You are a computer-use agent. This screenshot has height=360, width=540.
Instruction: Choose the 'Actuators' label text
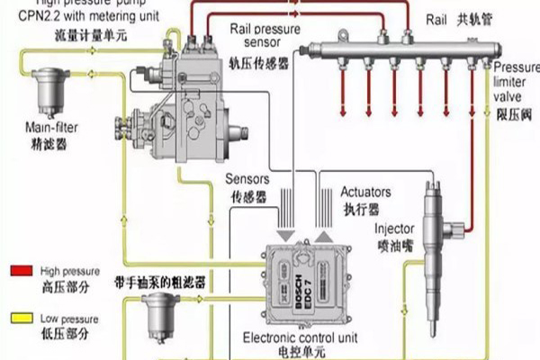[x=364, y=193]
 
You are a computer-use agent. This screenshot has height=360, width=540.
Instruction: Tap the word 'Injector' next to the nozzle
[x=393, y=229]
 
